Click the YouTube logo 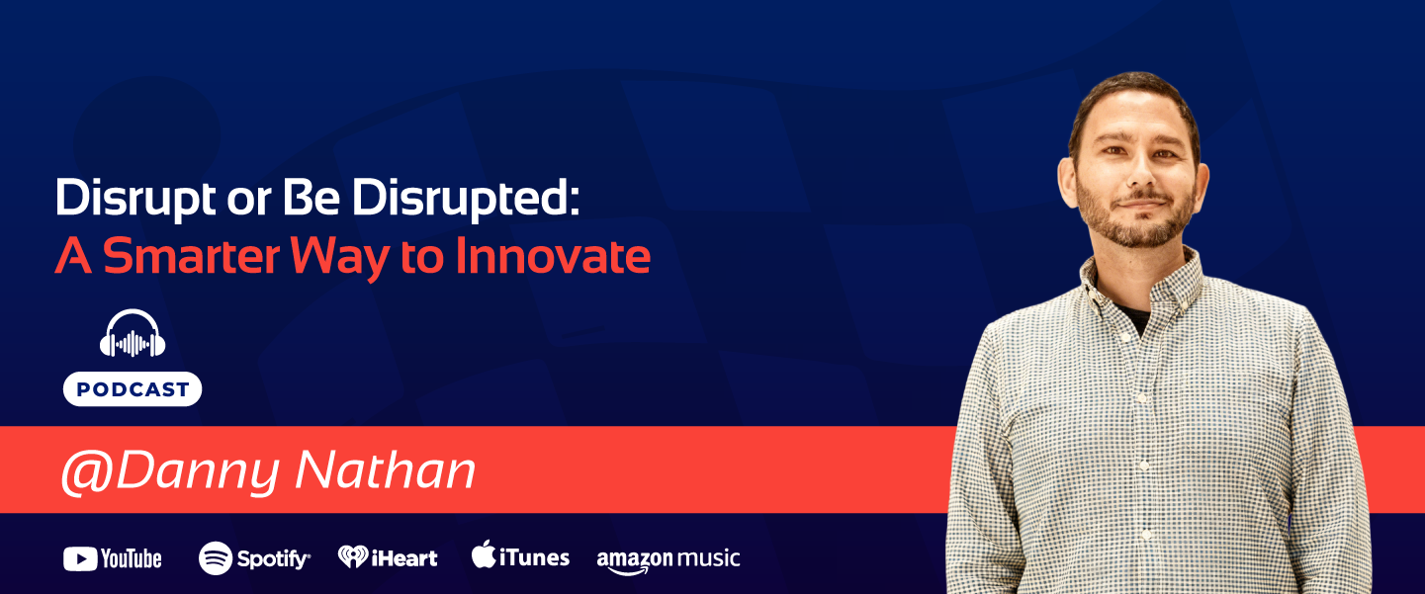113,558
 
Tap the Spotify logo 254,558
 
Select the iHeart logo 388,557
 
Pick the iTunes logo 520,556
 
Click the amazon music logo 668,559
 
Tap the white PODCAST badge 133,389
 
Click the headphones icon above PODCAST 133,335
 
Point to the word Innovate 553,257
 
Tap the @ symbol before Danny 85,471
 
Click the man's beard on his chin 1138,234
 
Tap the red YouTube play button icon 79,559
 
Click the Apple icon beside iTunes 483,554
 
